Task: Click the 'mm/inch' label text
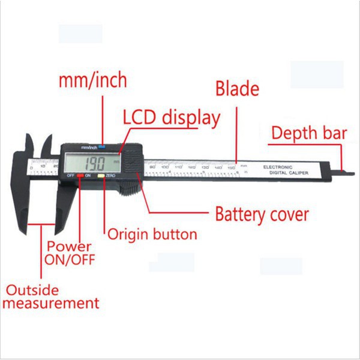[93, 81]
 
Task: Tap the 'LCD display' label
[171, 117]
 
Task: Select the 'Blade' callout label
[237, 89]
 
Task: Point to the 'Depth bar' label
[308, 133]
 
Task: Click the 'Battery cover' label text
[262, 214]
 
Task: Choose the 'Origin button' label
[152, 234]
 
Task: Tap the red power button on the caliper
[80, 175]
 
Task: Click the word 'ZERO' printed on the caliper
[111, 175]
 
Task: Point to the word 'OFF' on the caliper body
[70, 175]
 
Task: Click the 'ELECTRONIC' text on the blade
[277, 166]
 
